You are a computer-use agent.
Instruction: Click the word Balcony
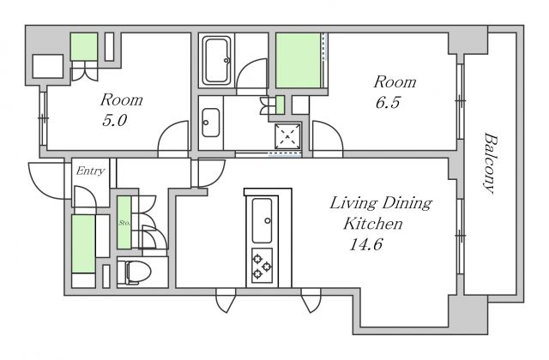[x=492, y=163]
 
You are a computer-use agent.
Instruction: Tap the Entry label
[x=90, y=171]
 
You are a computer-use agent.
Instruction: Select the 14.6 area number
[x=366, y=244]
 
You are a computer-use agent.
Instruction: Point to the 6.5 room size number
[x=387, y=103]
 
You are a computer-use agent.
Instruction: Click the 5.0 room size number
[x=114, y=121]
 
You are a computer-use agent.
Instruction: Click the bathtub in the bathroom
[x=217, y=61]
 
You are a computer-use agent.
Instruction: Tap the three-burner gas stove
[x=262, y=266]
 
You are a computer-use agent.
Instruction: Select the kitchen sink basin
[x=262, y=220]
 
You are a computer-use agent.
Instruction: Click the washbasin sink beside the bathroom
[x=211, y=123]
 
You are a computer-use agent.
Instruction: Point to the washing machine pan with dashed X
[x=287, y=135]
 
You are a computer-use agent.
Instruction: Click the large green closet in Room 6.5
[x=299, y=61]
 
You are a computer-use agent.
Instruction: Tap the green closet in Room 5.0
[x=84, y=47]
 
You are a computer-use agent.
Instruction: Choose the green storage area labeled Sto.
[x=124, y=223]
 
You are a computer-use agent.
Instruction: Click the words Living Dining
[x=381, y=203]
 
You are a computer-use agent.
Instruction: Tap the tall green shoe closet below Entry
[x=83, y=243]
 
